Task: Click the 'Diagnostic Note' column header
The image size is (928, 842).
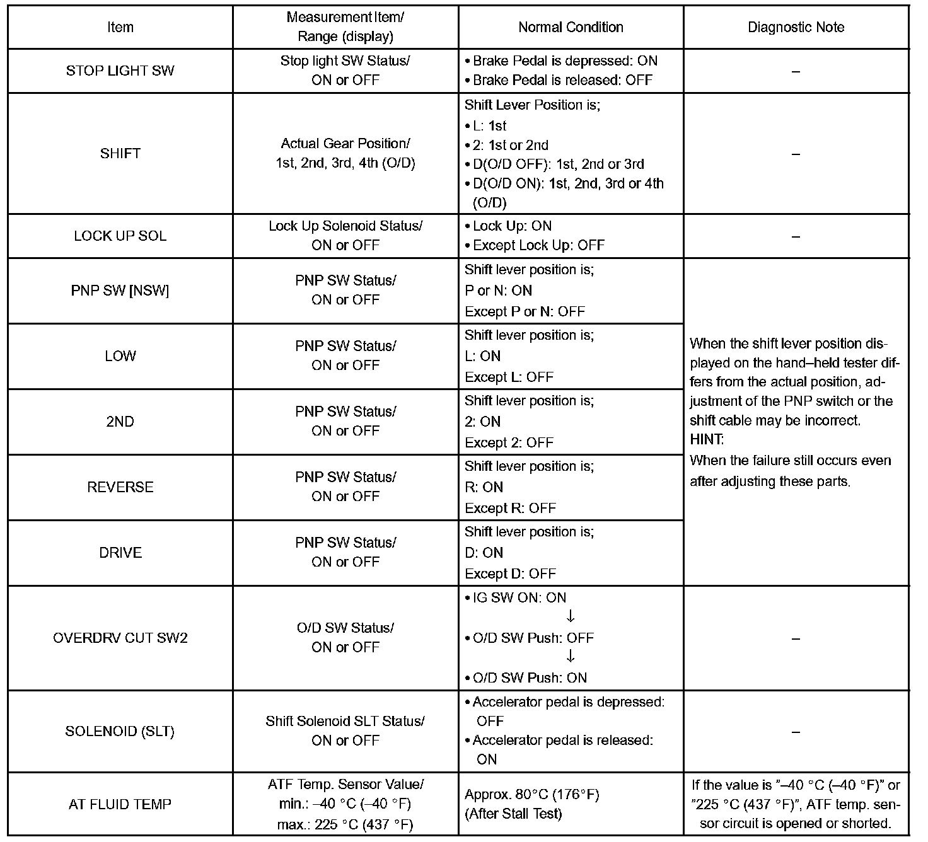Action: point(796,27)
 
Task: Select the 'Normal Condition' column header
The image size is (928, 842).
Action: point(571,27)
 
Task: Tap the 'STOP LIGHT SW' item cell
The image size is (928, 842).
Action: point(120,71)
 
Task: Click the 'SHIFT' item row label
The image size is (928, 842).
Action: point(120,153)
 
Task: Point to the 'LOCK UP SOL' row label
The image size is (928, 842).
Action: point(120,236)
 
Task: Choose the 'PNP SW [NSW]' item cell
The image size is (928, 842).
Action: point(120,291)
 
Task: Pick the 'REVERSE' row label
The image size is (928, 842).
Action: point(120,487)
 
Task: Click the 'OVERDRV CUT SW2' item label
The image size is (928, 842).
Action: point(120,638)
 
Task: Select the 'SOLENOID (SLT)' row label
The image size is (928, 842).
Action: point(120,731)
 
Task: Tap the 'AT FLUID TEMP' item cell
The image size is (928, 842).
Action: point(120,804)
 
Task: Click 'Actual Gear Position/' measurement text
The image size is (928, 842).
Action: point(345,144)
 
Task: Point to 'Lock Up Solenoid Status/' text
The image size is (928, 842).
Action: point(345,226)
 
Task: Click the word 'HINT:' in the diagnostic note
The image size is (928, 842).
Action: point(707,439)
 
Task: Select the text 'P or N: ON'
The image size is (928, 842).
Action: point(498,291)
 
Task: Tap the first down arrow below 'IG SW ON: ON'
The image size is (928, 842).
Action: point(571,617)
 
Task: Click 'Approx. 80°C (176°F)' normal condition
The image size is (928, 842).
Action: point(531,794)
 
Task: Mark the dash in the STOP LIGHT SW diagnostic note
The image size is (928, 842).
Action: point(796,71)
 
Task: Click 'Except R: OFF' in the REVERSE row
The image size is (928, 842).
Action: point(510,508)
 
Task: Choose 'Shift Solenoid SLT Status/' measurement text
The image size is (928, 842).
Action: point(345,721)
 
